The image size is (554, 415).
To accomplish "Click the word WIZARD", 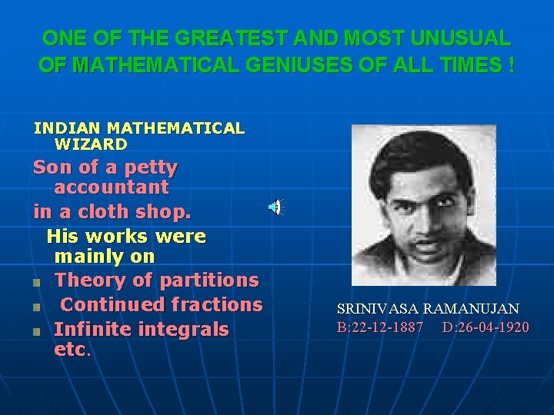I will pos(91,144).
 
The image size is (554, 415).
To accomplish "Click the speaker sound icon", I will pos(275,207).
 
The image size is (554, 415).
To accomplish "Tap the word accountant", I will pos(112,187).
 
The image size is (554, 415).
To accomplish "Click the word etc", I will pos(72,350).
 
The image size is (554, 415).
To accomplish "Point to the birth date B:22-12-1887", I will pos(380,328).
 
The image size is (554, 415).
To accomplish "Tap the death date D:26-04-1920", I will pos(486,328).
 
